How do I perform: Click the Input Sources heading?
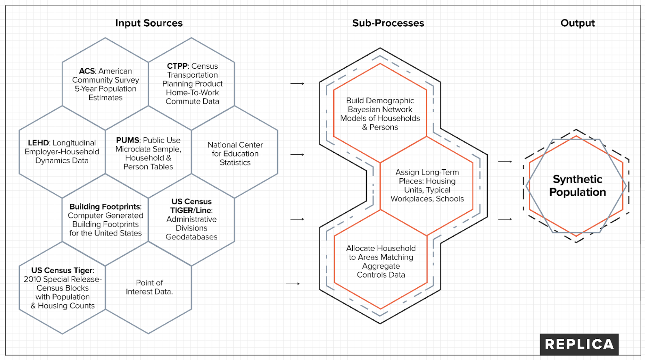[149, 23]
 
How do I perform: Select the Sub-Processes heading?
[388, 23]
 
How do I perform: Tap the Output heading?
[577, 23]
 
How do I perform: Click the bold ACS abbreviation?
[87, 71]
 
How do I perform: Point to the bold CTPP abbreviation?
[177, 66]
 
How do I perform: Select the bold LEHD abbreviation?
[38, 143]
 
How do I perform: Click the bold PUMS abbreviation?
[127, 140]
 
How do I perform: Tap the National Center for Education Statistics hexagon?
[235, 153]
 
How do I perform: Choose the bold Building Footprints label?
[105, 207]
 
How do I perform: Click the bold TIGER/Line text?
[191, 210]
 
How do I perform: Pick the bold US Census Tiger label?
[62, 270]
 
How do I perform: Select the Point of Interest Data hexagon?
[149, 287]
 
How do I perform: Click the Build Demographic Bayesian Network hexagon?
[380, 114]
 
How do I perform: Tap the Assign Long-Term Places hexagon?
[427, 185]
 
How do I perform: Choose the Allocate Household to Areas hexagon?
[381, 261]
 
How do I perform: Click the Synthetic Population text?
[577, 186]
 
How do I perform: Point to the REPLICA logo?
[579, 344]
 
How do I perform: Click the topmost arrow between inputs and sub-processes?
[297, 83]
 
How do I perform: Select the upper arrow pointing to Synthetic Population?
[505, 162]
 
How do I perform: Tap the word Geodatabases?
[191, 237]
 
